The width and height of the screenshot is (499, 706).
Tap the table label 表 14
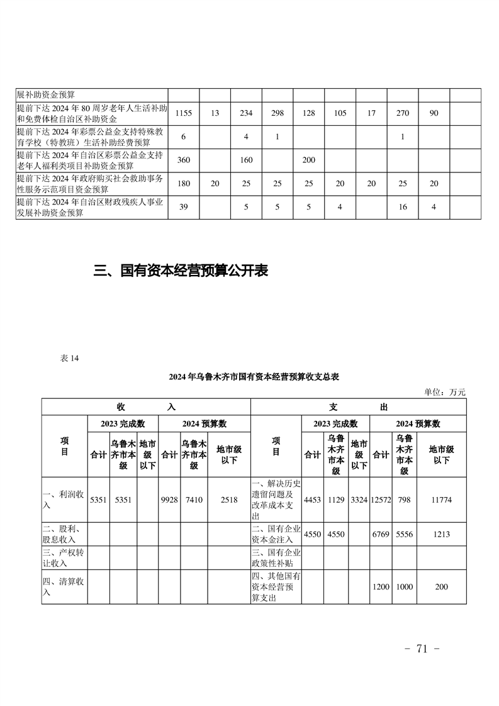69,358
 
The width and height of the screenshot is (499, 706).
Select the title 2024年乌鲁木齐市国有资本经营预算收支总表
254,377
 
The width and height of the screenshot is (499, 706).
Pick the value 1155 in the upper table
183,113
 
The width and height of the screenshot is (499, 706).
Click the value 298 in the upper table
277,113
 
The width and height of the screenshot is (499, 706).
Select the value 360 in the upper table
183,160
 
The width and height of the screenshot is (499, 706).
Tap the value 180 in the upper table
183,184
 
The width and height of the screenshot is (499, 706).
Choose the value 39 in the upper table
183,207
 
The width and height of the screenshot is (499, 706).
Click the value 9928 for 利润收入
169,500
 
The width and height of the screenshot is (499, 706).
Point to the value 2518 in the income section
229,500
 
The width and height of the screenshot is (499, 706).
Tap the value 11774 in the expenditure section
441,500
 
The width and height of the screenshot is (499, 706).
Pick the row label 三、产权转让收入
64,558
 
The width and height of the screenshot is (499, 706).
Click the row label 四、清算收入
64,587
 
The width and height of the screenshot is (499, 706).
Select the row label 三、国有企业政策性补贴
276,558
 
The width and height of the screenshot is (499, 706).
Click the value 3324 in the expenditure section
359,500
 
